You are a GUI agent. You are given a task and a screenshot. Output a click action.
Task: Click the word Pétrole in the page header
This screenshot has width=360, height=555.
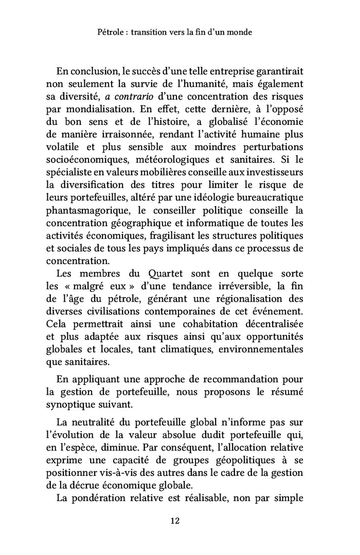coord(111,32)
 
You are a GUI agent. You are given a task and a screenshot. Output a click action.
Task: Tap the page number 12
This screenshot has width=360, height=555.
coord(174,521)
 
